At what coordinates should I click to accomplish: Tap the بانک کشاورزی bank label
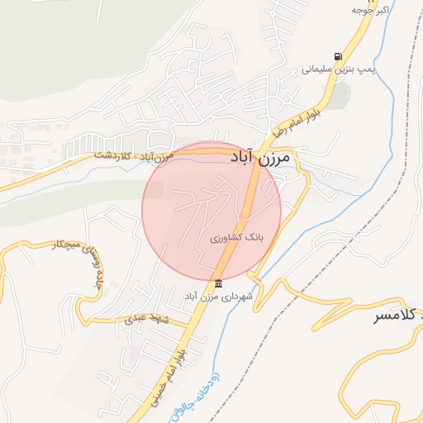pos(235,237)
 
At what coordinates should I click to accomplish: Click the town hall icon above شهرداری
pos(218,283)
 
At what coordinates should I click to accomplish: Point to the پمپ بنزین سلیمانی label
pos(337,70)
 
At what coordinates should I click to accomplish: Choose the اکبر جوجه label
pos(368,10)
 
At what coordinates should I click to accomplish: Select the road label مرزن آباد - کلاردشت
pos(132,154)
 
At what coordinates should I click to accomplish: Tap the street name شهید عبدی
pos(146,319)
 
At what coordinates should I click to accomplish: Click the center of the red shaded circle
pos(211,211)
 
